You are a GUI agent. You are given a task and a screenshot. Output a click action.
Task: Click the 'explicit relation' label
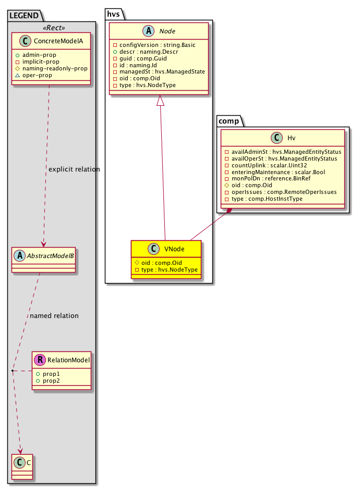point(74,169)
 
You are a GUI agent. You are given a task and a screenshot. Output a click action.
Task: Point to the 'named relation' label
point(54,315)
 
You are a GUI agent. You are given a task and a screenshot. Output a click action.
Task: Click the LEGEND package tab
point(24,16)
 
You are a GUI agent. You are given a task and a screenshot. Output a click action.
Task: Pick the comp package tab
point(228,121)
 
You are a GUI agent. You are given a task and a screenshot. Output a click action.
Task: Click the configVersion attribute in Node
point(153,45)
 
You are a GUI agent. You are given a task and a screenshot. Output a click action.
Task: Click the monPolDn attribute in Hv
point(261,179)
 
